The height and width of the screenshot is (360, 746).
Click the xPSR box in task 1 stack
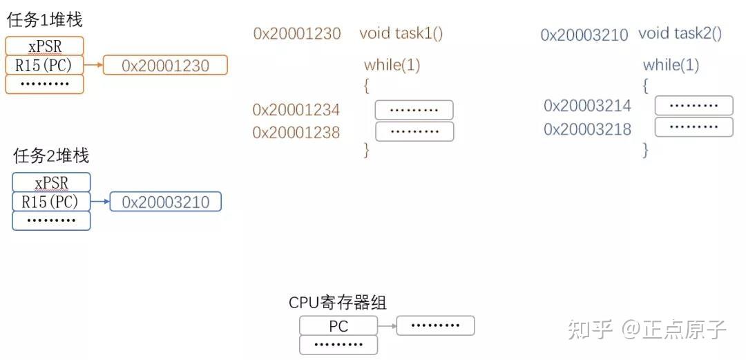point(44,46)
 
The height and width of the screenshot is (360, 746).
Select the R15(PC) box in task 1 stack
point(44,66)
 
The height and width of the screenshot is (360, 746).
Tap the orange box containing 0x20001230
point(165,66)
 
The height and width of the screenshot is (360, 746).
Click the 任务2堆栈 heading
point(51,155)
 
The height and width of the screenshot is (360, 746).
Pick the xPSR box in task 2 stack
point(51,182)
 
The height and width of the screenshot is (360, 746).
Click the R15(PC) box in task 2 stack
point(51,202)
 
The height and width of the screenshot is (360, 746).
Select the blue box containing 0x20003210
point(165,202)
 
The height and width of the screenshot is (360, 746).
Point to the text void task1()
point(401,33)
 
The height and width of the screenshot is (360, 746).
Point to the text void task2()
point(680,33)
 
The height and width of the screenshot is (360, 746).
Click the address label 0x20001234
point(296,110)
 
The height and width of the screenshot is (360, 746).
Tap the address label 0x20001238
point(296,133)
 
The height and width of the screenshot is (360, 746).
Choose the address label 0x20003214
point(587,106)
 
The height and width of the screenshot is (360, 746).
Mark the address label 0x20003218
point(587,129)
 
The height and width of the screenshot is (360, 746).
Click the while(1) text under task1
point(392,66)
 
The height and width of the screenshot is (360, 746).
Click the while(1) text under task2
point(671,66)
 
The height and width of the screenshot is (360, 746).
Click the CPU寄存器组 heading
point(338,303)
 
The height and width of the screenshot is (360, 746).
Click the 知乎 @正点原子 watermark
point(647,330)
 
